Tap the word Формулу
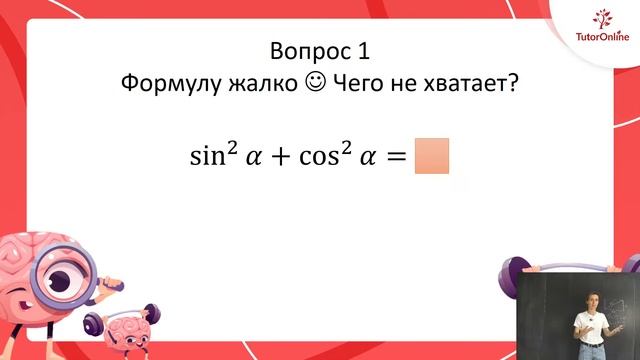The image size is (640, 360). (167, 84)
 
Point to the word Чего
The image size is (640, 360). (358, 84)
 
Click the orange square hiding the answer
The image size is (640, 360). (431, 156)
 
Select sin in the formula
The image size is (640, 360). (208, 157)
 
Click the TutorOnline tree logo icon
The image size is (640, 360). (603, 19)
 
